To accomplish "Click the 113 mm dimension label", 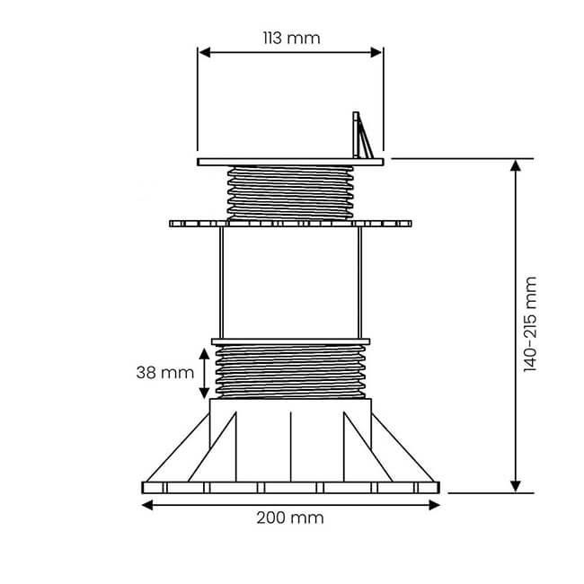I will coord(290,38).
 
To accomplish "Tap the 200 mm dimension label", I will coord(290,518).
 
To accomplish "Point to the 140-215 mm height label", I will coord(530,324).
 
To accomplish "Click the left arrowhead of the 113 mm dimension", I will coord(203,53).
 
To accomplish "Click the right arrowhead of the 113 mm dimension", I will coord(377,53).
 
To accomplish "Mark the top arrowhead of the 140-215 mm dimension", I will coord(516,165).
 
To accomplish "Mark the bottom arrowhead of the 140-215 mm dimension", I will coord(516,486).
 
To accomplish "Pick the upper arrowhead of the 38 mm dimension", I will coord(205,352).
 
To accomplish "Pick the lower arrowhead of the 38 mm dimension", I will coord(205,393).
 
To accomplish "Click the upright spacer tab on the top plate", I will coord(359,136).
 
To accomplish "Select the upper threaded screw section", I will coord(290,191).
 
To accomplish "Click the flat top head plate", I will coord(290,162).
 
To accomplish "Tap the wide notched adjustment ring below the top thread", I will coord(290,223).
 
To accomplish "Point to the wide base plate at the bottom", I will coord(290,488).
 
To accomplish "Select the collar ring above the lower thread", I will coord(290,341).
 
